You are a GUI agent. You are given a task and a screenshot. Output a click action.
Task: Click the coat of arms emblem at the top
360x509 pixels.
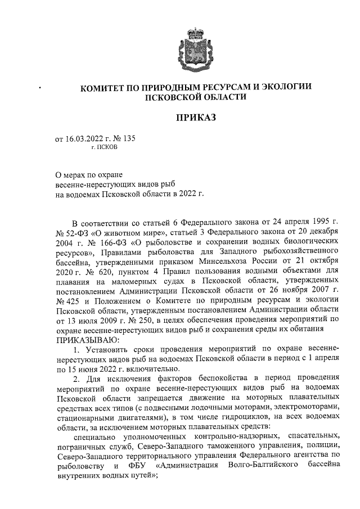point(195,48)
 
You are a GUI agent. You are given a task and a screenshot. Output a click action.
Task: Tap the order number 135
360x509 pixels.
point(129,137)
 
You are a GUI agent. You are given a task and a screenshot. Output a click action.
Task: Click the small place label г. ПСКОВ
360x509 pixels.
point(104,146)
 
